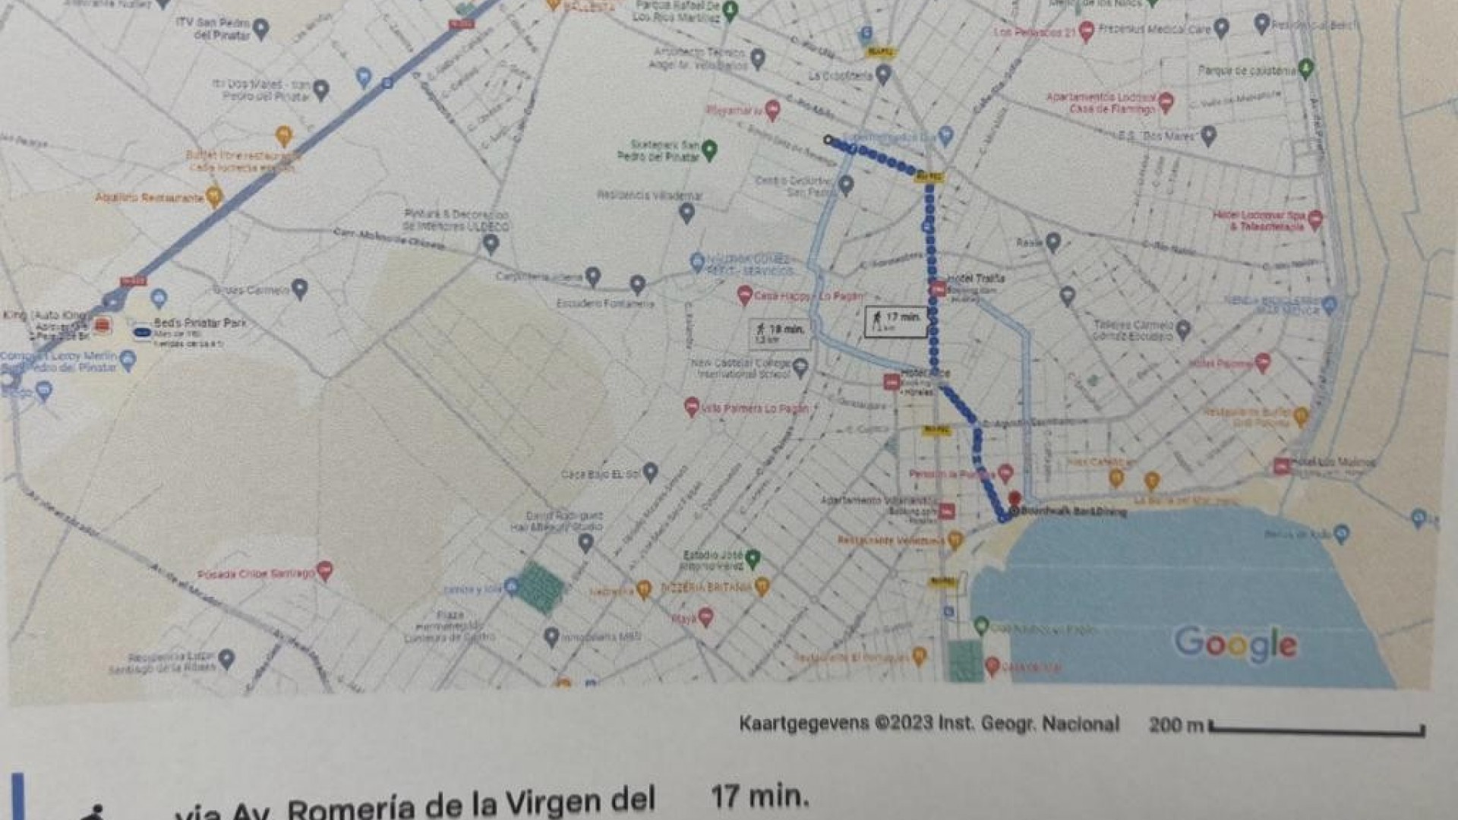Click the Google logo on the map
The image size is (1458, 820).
[x=1236, y=644]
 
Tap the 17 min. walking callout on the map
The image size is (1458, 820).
[x=896, y=321]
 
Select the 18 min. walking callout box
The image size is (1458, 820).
[x=778, y=333]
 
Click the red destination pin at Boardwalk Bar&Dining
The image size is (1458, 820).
[x=1014, y=500]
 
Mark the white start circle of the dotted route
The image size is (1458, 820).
[x=828, y=140]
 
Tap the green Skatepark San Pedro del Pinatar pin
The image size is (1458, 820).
[x=709, y=150]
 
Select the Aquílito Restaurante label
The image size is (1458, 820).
[x=150, y=198]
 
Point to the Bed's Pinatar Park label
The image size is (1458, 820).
[x=200, y=323]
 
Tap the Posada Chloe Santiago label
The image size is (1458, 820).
[x=255, y=574]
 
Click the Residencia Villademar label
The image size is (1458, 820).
[x=649, y=196]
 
